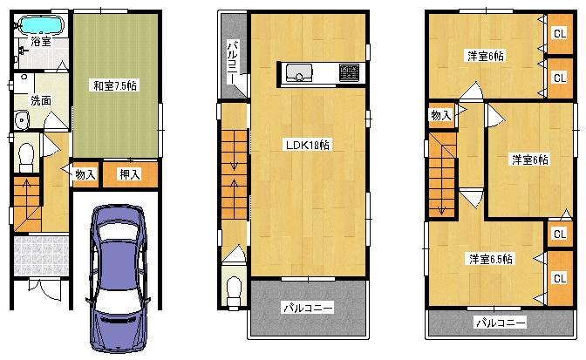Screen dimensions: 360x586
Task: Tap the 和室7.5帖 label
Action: pos(115,85)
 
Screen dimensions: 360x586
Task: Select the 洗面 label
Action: pos(40,100)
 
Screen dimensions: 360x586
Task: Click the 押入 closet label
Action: pos(130,174)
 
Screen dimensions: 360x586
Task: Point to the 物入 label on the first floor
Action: pos(85,174)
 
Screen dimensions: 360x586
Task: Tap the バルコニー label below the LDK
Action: pos(308,308)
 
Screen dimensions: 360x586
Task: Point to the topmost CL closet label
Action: pos(558,35)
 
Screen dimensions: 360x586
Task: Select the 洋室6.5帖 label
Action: pos(490,259)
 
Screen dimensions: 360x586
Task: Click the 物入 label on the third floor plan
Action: pos(440,115)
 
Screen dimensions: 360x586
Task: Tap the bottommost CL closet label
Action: pos(558,279)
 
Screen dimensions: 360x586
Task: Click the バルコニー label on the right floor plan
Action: pos(500,323)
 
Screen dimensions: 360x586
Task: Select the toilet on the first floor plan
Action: pos(25,155)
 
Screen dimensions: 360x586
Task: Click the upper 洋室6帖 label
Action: pos(485,56)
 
